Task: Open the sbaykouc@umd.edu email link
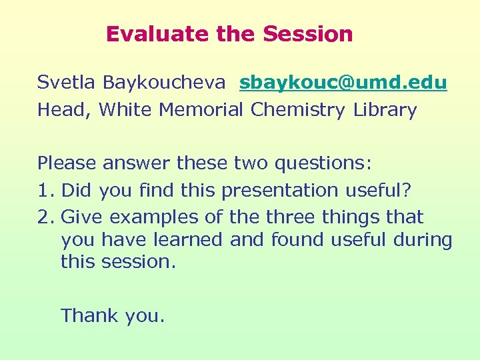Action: point(343,83)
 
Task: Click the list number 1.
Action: point(43,190)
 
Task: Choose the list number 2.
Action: point(44,217)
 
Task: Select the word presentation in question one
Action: point(281,191)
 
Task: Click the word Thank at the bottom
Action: point(89,315)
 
